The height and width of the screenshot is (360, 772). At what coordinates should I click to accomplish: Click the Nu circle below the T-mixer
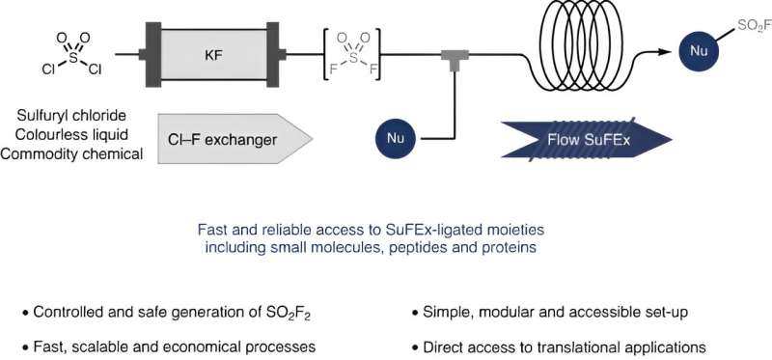pyautogui.click(x=396, y=139)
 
